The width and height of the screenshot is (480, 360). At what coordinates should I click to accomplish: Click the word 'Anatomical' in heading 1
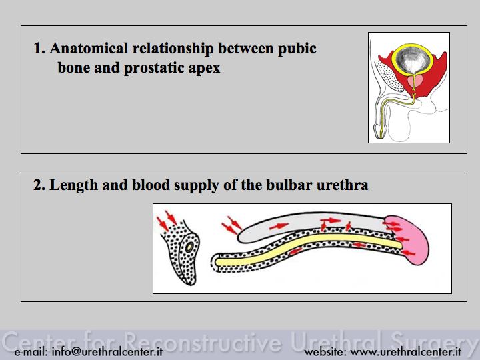click(x=89, y=49)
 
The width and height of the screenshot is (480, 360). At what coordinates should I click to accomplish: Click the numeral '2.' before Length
click(x=39, y=185)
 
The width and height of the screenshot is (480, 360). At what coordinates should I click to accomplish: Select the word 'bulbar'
click(x=289, y=185)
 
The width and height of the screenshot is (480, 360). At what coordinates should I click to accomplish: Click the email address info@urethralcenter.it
click(x=107, y=352)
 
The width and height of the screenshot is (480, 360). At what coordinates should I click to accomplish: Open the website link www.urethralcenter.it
click(x=405, y=352)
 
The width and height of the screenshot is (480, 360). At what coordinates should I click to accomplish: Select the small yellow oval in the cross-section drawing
click(x=189, y=247)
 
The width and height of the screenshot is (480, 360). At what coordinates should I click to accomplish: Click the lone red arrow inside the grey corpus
click(x=279, y=226)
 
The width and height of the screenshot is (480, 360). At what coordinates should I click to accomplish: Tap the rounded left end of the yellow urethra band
click(x=217, y=263)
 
